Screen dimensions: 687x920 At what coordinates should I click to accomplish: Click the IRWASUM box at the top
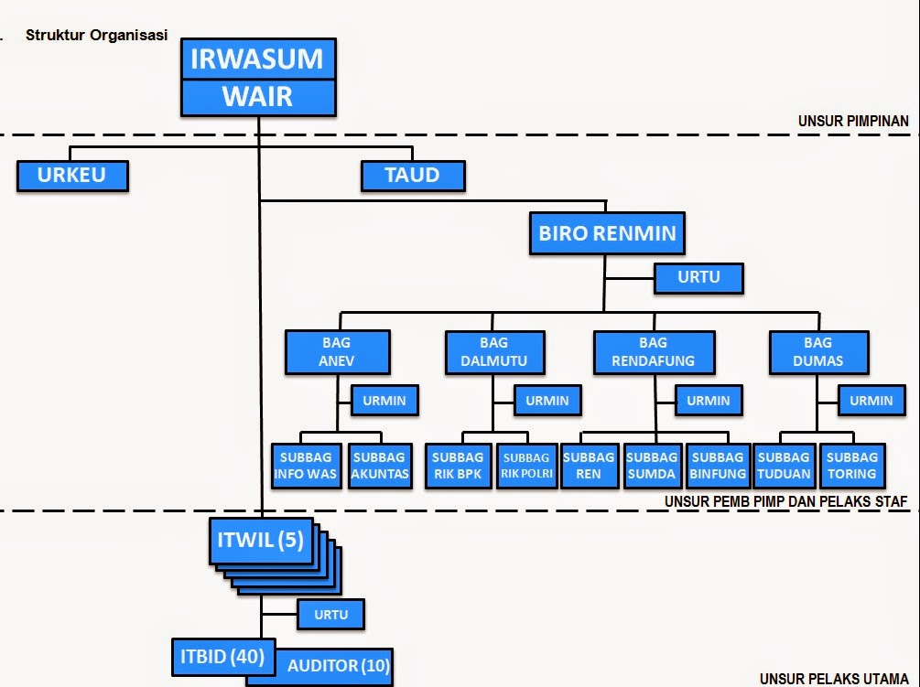click(257, 59)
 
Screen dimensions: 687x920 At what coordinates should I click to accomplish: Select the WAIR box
click(257, 97)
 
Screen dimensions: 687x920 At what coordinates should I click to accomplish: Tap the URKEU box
click(72, 176)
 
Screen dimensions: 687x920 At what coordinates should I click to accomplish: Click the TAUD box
click(413, 176)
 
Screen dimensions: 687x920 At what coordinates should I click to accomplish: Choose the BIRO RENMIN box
click(607, 233)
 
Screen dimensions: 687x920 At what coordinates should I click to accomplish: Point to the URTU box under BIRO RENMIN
click(698, 278)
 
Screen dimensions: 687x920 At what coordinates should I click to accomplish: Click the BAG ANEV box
click(337, 352)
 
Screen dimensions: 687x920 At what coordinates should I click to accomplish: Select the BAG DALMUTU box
click(493, 352)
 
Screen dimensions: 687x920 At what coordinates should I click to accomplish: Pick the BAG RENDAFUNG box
click(654, 352)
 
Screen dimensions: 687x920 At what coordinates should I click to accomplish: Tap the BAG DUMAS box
click(817, 352)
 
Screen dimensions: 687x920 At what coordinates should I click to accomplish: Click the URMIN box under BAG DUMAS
click(871, 400)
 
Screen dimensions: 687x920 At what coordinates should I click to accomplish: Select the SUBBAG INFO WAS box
click(306, 466)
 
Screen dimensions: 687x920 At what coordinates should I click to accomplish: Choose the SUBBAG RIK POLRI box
click(526, 466)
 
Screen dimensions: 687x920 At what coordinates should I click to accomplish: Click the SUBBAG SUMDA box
click(652, 466)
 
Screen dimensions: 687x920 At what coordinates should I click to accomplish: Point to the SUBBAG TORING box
click(852, 466)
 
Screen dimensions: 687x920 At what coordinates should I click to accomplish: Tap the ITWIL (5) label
click(260, 541)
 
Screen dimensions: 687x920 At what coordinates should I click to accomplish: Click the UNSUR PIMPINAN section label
click(852, 121)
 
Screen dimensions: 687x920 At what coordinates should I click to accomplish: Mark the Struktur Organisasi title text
click(96, 36)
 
